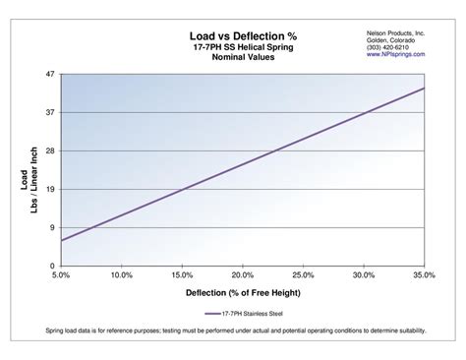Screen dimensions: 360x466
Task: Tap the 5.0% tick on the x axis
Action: click(61, 276)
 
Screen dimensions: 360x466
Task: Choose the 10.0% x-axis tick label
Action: click(122, 276)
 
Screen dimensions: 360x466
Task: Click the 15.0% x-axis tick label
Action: click(182, 276)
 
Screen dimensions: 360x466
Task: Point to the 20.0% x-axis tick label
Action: click(243, 276)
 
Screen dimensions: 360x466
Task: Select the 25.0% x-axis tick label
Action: click(303, 276)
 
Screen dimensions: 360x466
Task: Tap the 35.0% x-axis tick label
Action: click(424, 276)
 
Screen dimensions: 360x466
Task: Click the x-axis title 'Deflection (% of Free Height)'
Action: click(242, 293)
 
